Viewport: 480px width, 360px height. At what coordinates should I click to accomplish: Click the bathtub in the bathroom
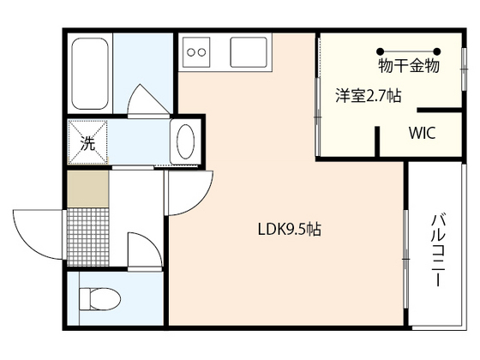pyautogui.click(x=90, y=74)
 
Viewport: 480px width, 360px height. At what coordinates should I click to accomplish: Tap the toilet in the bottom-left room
pyautogui.click(x=99, y=298)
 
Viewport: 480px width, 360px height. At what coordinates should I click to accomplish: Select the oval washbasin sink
pyautogui.click(x=185, y=141)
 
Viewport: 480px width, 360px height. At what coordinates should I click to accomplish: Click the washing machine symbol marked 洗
pyautogui.click(x=87, y=142)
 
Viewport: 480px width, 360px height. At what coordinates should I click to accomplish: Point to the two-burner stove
pyautogui.click(x=196, y=52)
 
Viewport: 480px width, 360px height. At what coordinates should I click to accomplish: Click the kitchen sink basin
pyautogui.click(x=249, y=52)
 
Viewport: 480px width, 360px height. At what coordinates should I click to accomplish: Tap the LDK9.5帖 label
pyautogui.click(x=290, y=229)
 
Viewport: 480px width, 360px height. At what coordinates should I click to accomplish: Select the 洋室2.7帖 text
pyautogui.click(x=369, y=95)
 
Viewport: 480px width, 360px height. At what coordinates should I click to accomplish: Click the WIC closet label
pyautogui.click(x=422, y=133)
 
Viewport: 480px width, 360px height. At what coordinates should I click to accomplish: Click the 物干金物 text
pyautogui.click(x=409, y=66)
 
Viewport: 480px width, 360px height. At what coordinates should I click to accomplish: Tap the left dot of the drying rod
pyautogui.click(x=381, y=51)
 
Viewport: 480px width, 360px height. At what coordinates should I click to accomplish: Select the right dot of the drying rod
pyautogui.click(x=437, y=51)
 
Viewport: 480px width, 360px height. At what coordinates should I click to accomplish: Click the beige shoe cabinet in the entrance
pyautogui.click(x=87, y=189)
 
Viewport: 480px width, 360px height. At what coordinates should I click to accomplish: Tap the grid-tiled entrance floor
pyautogui.click(x=87, y=237)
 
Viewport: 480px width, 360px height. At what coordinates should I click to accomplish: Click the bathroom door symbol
pyautogui.click(x=148, y=101)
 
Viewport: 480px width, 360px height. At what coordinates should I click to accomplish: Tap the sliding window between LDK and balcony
pyautogui.click(x=405, y=259)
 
